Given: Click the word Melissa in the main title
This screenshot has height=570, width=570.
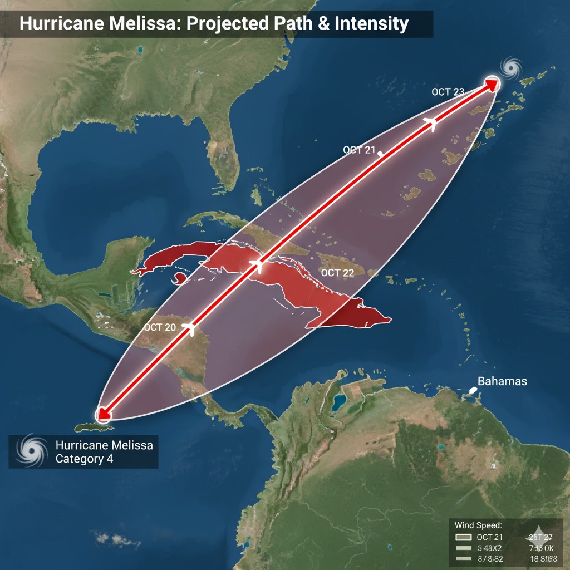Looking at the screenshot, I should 130,24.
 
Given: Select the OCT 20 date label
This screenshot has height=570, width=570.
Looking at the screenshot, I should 160,327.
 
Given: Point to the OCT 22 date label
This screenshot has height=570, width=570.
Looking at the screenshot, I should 338,273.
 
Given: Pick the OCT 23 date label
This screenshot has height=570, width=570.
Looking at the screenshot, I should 448,92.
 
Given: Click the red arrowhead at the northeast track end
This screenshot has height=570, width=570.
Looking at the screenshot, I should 492,84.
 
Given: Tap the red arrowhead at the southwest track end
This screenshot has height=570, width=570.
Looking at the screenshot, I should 102,414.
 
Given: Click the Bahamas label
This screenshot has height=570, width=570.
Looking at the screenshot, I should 502,382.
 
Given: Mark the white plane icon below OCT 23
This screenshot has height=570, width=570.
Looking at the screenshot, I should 430,124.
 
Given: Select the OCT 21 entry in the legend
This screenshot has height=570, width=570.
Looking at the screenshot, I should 490,537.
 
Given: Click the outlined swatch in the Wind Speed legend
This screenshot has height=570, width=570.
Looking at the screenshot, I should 463,538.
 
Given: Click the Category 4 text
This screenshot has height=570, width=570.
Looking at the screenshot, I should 80,459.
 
